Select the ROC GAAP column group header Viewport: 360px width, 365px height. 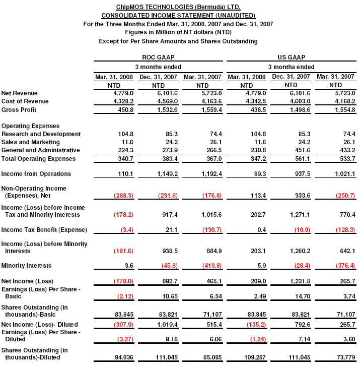point(158,57)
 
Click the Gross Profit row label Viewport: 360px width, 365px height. point(20,110)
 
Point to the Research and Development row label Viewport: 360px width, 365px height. point(41,134)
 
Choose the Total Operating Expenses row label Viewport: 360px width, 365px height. point(39,159)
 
